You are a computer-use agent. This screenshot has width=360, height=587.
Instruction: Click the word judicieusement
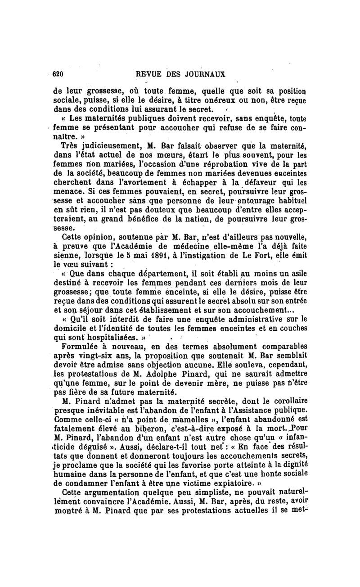click(x=99, y=145)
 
